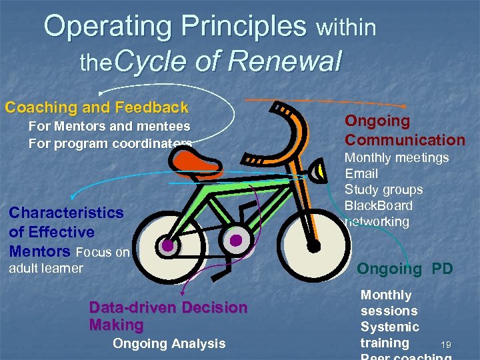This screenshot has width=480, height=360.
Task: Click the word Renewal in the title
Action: pyautogui.click(x=285, y=62)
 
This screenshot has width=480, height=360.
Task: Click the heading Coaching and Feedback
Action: pyautogui.click(x=97, y=107)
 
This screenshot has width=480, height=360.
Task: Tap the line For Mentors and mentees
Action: pyautogui.click(x=109, y=126)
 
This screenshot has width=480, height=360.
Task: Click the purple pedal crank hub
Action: pyautogui.click(x=235, y=239)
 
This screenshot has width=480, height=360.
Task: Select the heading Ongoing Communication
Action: pyautogui.click(x=404, y=131)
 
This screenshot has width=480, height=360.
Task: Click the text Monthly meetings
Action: pyautogui.click(x=396, y=158)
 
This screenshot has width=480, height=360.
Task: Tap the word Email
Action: pyautogui.click(x=361, y=174)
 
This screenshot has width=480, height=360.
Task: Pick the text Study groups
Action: pyautogui.click(x=383, y=190)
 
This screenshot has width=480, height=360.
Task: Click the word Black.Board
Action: pyautogui.click(x=379, y=206)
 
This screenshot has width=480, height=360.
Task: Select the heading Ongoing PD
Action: pyautogui.click(x=405, y=269)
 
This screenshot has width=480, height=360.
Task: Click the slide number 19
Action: pyautogui.click(x=446, y=345)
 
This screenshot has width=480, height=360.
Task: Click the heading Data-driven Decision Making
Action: pyautogui.click(x=167, y=316)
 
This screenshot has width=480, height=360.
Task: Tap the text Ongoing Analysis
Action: pyautogui.click(x=169, y=344)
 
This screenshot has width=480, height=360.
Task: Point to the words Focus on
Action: pyautogui.click(x=103, y=253)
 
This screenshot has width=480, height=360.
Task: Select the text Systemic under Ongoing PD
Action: pyautogui.click(x=389, y=327)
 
